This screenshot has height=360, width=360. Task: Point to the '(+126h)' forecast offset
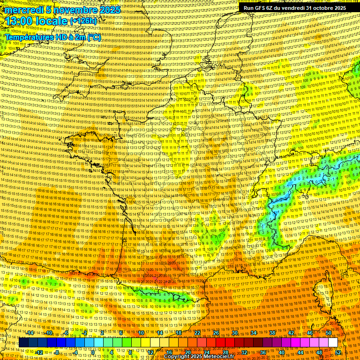click(x=83, y=21)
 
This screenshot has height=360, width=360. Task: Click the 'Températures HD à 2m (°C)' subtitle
click(x=52, y=37)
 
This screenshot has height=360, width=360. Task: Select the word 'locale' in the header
click(x=53, y=21)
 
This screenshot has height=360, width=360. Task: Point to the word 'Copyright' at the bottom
click(x=178, y=357)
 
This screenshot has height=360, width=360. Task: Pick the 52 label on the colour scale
click(x=338, y=352)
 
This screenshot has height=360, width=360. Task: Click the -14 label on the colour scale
click(x=30, y=333)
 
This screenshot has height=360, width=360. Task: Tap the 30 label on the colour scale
click(x=235, y=333)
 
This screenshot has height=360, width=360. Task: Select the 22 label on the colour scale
click(x=197, y=333)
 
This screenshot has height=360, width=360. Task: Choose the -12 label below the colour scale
click(x=39, y=352)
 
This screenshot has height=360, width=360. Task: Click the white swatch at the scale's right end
click(x=333, y=343)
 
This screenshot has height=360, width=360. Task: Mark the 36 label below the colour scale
click(x=263, y=352)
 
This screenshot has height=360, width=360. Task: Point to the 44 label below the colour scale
click(x=300, y=352)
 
